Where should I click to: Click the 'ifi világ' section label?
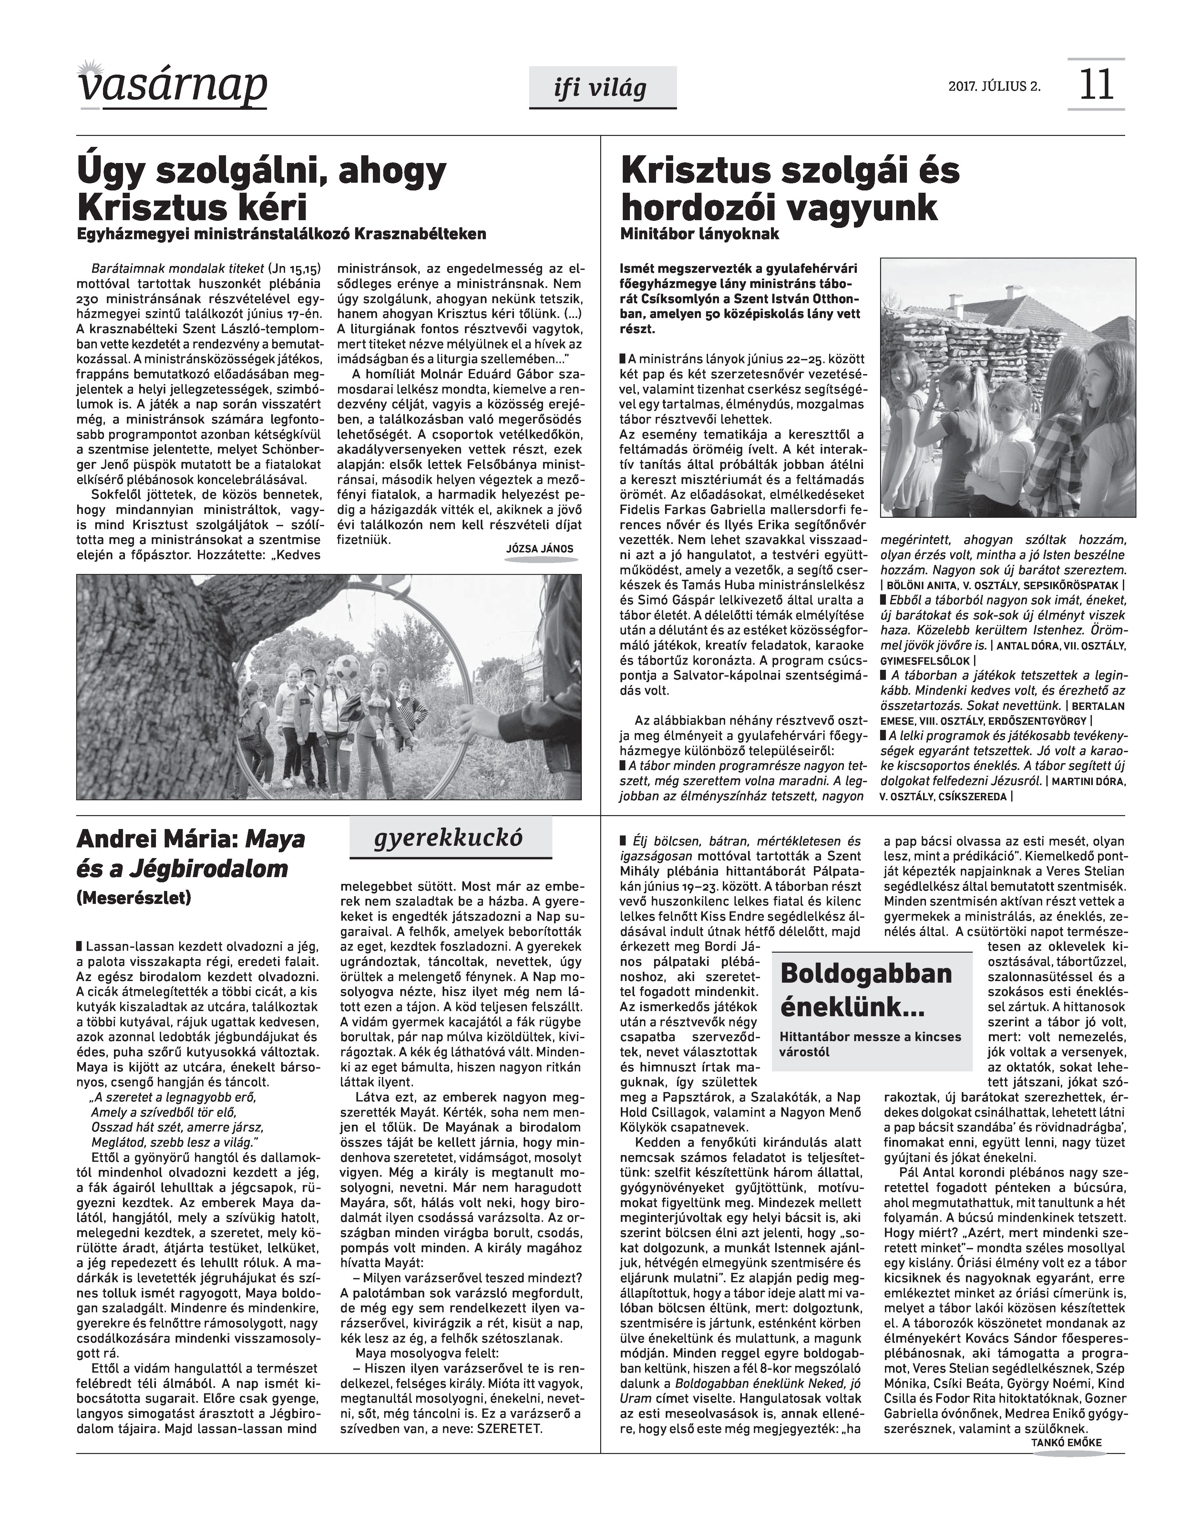[602, 88]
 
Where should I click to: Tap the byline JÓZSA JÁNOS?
[539, 549]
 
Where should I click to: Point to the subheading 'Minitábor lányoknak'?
[700, 234]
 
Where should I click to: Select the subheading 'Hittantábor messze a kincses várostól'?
[870, 1044]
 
